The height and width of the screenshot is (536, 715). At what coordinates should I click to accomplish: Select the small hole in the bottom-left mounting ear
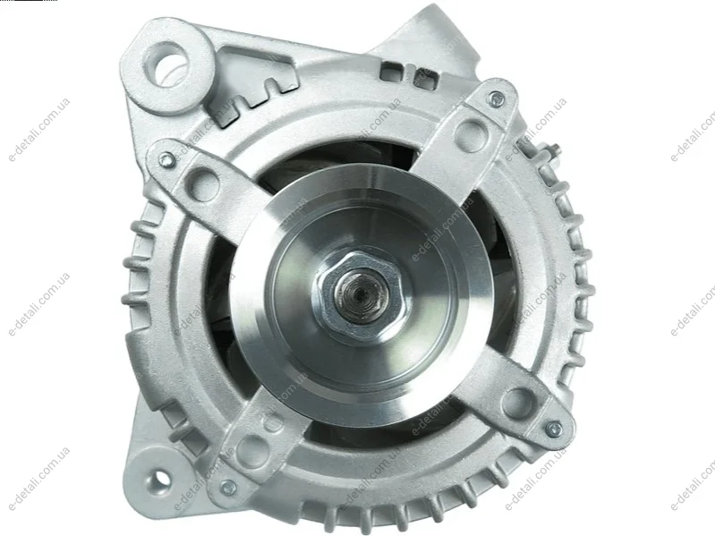click(x=159, y=478)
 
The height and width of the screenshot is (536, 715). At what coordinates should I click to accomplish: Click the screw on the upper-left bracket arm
click(x=165, y=158)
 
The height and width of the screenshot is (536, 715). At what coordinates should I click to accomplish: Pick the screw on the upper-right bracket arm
click(x=497, y=98)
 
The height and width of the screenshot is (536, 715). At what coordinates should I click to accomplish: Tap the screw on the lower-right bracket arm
click(x=554, y=428)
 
